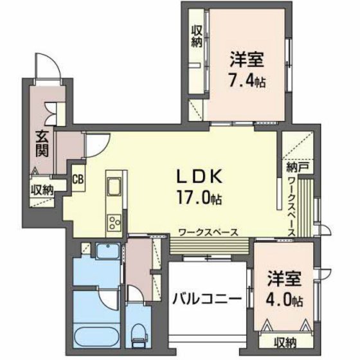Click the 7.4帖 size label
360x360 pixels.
point(248,82)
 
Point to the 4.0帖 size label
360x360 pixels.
point(283,299)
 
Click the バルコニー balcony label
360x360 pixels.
point(206,300)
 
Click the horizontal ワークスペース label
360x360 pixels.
point(209,231)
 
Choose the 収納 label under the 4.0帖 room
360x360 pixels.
point(285,341)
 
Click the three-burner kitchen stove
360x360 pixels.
point(114,223)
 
